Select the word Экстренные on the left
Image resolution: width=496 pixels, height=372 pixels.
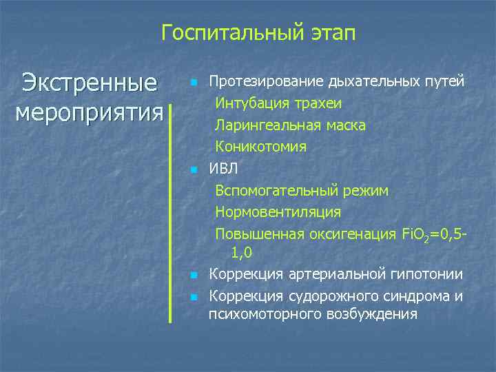89,83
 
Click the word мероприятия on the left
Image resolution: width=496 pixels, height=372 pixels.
89,111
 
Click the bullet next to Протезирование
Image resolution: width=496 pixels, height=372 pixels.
194,83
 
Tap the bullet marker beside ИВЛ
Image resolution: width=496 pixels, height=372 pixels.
194,169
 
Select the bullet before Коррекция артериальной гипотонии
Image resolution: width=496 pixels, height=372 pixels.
194,276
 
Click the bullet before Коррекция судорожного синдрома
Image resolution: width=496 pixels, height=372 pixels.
194,297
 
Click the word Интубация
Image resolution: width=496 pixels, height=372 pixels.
249,104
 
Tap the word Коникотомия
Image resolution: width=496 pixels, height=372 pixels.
261,147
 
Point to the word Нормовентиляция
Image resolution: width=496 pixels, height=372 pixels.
278,211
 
